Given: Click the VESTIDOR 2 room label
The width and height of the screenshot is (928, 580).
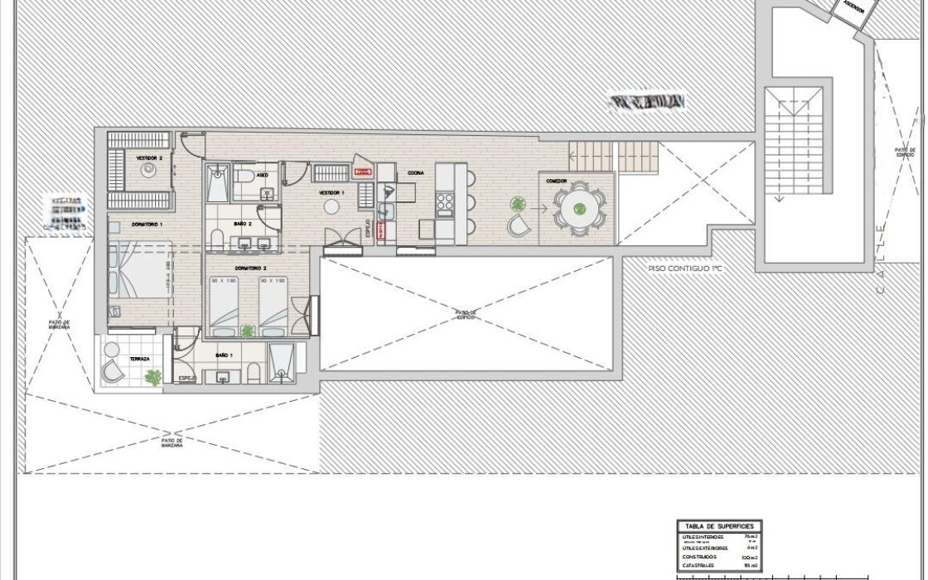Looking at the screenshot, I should point(149,157).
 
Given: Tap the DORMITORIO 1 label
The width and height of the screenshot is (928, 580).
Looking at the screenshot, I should point(147,225).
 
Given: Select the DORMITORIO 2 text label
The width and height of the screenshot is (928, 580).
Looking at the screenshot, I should point(249,268).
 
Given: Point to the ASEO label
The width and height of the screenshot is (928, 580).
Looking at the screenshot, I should point(262,176).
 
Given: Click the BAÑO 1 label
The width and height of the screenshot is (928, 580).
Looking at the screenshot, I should point(225,355).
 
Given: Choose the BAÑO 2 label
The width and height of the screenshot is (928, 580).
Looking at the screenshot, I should point(242,224).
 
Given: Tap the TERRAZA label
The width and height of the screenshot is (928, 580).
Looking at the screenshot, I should point(139,359).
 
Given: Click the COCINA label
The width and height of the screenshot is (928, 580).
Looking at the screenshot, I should point(415,173).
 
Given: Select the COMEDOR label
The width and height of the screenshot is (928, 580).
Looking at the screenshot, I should point(556,181).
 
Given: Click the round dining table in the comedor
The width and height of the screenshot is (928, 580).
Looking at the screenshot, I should point(579,209).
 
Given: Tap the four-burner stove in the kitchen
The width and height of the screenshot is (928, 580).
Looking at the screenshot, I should point(445,202).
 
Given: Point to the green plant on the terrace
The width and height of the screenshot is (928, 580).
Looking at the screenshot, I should point(153,378).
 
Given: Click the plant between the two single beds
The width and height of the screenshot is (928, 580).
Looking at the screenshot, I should point(247,331).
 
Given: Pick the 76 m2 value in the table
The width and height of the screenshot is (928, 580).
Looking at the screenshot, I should point(752,537).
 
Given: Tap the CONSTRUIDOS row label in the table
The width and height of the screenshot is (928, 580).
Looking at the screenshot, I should point(700,558).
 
